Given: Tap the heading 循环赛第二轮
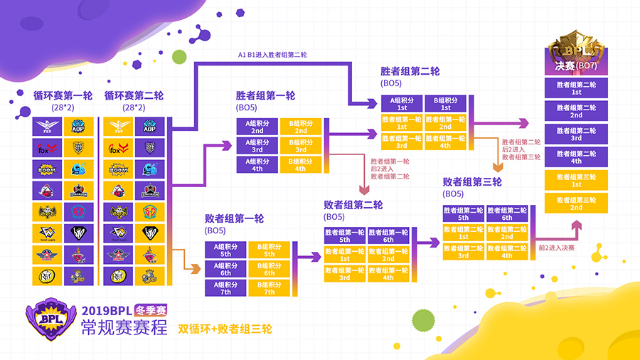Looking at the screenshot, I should pyautogui.click(x=134, y=95).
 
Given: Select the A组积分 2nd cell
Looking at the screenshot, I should pyautogui.click(x=257, y=127).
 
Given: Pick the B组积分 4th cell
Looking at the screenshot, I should pyautogui.click(x=300, y=165).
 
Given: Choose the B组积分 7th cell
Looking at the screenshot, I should pyautogui.click(x=270, y=288).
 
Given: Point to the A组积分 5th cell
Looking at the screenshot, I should pyautogui.click(x=226, y=250).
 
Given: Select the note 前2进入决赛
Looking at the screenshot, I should pyautogui.click(x=556, y=247).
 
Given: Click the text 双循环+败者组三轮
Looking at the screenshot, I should pyautogui.click(x=225, y=329).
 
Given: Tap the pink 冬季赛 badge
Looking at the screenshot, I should pyautogui.click(x=151, y=310).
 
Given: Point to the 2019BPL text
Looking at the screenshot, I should pyautogui.click(x=107, y=311).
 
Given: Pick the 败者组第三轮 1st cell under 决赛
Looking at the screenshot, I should pyautogui.click(x=576, y=180).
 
